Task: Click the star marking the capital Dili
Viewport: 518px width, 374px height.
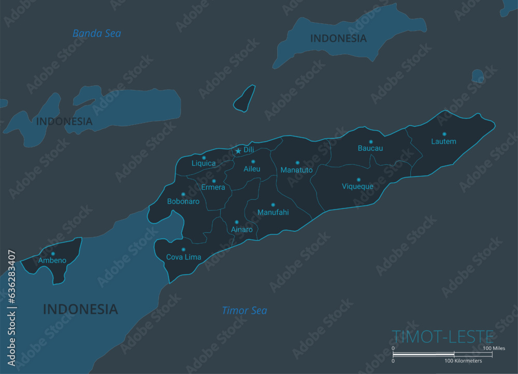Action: point(238,151)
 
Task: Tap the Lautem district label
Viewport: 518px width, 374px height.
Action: point(443,141)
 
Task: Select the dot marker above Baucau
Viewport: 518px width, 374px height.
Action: point(370,141)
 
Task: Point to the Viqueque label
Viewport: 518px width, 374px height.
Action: point(357,187)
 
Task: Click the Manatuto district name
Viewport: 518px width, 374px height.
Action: point(296,170)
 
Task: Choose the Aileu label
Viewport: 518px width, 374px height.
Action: point(252,169)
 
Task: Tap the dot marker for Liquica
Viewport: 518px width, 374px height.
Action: point(204,158)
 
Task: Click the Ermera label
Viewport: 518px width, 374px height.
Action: point(213,187)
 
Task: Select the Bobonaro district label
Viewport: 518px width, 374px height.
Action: point(183,201)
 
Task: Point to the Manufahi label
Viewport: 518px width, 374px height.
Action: point(273,212)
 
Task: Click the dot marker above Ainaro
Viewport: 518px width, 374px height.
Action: point(237,222)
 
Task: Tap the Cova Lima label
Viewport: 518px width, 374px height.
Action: point(183,257)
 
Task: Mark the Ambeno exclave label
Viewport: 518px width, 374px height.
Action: point(52,260)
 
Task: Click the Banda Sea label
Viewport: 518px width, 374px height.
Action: point(97,34)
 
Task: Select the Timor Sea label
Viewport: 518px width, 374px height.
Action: point(244,310)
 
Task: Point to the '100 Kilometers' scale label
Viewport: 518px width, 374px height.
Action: point(463,361)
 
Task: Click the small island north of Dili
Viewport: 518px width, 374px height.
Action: point(244,98)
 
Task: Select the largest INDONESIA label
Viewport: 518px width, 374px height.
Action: point(80,309)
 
